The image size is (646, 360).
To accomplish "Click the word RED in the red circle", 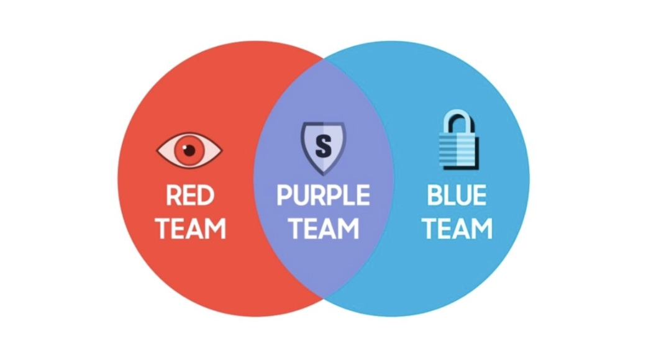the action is [190, 196].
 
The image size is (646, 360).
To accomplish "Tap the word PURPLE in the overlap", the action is [324, 196].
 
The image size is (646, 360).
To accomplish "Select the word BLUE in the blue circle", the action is [457, 196].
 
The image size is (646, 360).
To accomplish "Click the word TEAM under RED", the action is [190, 228].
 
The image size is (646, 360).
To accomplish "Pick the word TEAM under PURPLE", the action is [324, 228].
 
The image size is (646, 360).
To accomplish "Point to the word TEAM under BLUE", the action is [457, 228].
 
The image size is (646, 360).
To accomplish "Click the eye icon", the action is [189, 150].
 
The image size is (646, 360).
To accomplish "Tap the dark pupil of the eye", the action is [189, 150].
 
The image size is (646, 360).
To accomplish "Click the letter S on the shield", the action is [324, 146].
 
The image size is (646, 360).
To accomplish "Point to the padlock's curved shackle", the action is [458, 119].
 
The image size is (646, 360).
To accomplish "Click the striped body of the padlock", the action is [458, 153].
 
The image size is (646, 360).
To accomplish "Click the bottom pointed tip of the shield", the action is [324, 174].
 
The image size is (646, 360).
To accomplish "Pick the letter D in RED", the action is [206, 196].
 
